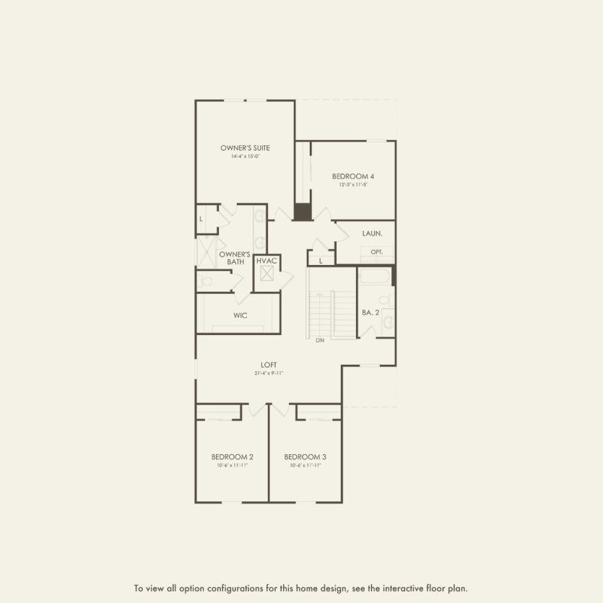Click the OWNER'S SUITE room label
[245, 147]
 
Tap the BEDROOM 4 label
[353, 176]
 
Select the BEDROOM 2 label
[233, 456]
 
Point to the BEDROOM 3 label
[305, 456]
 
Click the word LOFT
[269, 365]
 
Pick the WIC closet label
[240, 316]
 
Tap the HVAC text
[267, 260]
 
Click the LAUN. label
[372, 233]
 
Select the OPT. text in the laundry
[376, 252]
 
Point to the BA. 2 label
[370, 312]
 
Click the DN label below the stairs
[320, 339]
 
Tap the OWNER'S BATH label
[235, 258]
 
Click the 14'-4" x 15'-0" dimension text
[245, 157]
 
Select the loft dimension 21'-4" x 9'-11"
[269, 373]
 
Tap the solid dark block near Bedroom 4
[302, 212]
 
